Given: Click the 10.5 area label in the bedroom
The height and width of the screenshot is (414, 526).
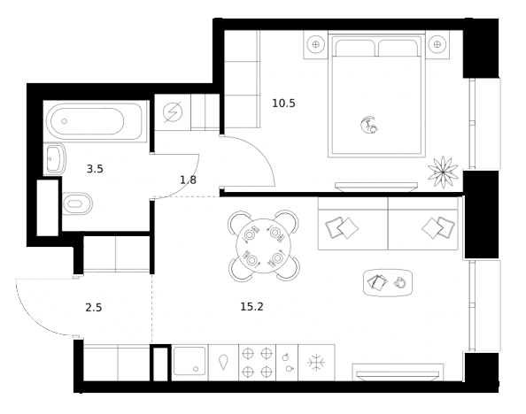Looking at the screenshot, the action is tap(283, 103).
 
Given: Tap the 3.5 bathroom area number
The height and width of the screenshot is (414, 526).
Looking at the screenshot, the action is tap(95, 169).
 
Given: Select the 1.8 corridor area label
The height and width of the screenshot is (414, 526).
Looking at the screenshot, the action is tap(188, 180).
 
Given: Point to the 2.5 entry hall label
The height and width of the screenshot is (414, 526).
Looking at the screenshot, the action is tap(94, 307).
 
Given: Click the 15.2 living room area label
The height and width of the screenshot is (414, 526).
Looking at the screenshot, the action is tap(251, 306).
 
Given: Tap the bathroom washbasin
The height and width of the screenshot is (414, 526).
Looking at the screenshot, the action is tap(55, 158).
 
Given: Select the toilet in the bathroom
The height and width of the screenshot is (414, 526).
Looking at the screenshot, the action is tap(78, 203).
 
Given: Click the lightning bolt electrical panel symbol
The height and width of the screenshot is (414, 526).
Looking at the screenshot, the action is tap(173, 111).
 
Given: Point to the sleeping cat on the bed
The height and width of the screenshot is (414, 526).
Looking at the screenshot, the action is tap(369, 125).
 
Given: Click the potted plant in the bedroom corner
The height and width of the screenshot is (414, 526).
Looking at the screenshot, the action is tap(443, 172).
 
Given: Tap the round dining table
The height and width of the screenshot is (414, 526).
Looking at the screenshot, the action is tap(264, 246).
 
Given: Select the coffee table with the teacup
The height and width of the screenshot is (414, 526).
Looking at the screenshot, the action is tap(388, 283).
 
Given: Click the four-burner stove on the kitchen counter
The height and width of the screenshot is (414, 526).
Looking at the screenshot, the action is tap(257, 363).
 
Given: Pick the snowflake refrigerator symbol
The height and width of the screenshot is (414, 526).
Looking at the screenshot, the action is tap(316, 363).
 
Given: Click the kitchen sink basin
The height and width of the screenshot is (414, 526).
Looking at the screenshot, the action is tap(190, 361).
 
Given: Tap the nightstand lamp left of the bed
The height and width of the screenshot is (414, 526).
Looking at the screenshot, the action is tap(315, 44).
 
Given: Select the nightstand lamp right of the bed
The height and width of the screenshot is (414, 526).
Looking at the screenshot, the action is tap(437, 44).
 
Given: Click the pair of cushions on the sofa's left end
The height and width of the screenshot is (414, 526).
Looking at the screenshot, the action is tap(342, 228).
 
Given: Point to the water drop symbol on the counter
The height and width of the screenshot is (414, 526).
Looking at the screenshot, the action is tap(223, 362).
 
